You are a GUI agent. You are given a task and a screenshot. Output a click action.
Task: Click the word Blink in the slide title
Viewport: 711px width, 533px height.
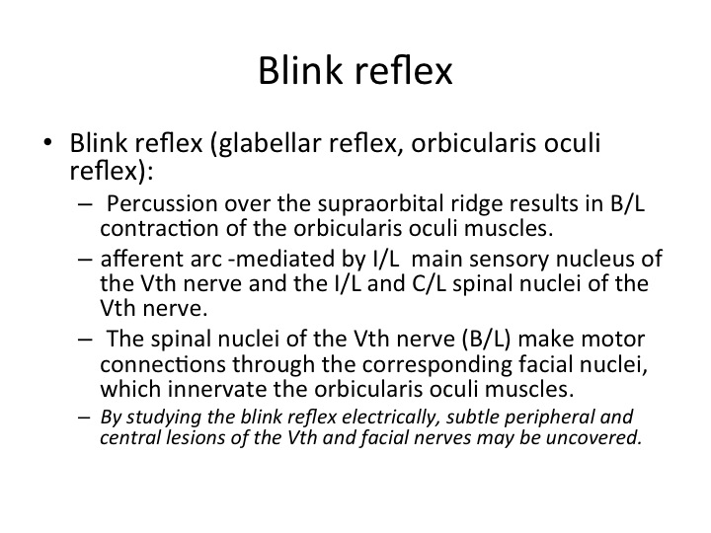[300, 70]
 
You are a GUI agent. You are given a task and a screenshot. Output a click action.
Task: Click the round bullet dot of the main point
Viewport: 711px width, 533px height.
[47, 142]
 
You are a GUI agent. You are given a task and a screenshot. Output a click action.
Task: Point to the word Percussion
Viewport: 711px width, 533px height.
[162, 203]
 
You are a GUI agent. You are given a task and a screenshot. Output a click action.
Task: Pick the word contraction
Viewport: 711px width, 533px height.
[159, 228]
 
